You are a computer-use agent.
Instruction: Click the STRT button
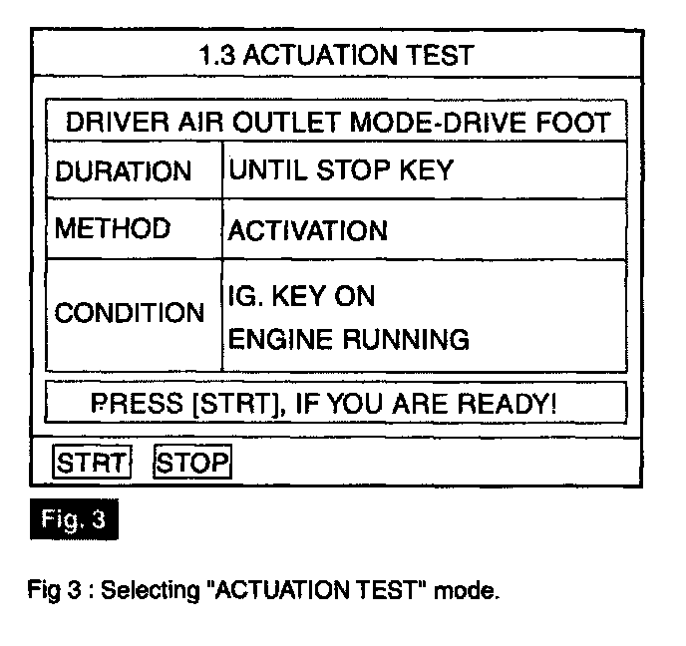(93, 463)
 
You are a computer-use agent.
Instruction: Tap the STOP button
(192, 463)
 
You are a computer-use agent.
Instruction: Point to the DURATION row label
(123, 171)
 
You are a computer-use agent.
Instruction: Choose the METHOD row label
(113, 229)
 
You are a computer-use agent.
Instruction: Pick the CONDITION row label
(129, 313)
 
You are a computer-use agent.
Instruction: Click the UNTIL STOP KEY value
(340, 169)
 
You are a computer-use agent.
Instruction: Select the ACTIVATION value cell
(308, 231)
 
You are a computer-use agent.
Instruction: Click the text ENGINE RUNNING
(349, 340)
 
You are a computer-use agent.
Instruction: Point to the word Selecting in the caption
(143, 591)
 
